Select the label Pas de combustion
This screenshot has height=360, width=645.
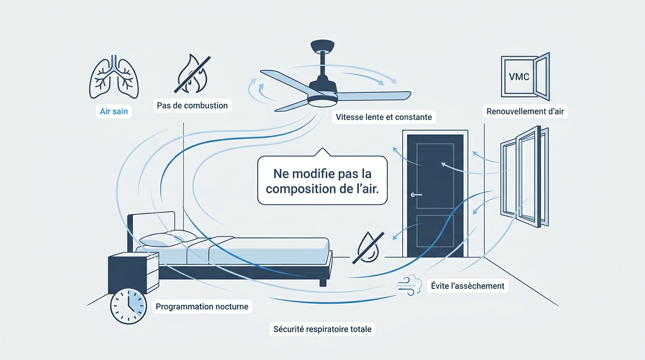[x=193, y=105]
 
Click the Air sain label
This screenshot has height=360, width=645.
[x=113, y=112]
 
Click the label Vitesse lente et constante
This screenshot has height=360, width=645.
[x=384, y=117]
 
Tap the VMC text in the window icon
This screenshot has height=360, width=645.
[x=519, y=76]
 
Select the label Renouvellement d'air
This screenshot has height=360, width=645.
[x=525, y=112]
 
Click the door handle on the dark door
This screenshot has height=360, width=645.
[x=415, y=195]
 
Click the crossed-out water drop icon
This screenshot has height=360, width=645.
[x=368, y=247]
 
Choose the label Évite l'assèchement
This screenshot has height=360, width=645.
[x=467, y=285]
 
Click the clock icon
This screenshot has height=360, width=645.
[x=128, y=305]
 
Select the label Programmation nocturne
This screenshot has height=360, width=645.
[x=202, y=307]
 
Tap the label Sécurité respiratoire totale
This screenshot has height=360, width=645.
[x=322, y=329]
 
